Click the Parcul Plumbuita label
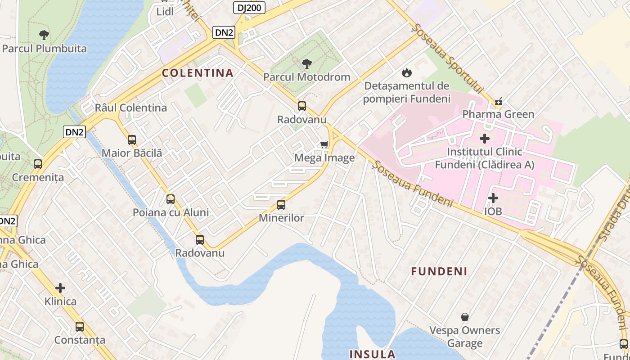tap(44, 49)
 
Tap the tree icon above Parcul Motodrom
tap(307, 64)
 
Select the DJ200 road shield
tap(249, 7)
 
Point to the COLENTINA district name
tap(198, 73)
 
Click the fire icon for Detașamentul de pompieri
tap(407, 72)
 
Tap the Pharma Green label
tap(498, 114)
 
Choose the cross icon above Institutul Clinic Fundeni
tap(485, 139)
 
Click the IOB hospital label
tap(493, 211)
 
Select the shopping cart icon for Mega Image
tap(324, 144)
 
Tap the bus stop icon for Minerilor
tap(281, 205)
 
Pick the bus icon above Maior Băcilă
tap(131, 140)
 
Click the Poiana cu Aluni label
tap(171, 212)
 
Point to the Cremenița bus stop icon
tap(38, 164)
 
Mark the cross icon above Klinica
tap(60, 288)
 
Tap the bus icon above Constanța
tap(80, 327)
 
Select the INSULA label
tap(372, 354)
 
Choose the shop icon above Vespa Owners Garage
tap(464, 317)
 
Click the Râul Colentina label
tap(130, 108)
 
